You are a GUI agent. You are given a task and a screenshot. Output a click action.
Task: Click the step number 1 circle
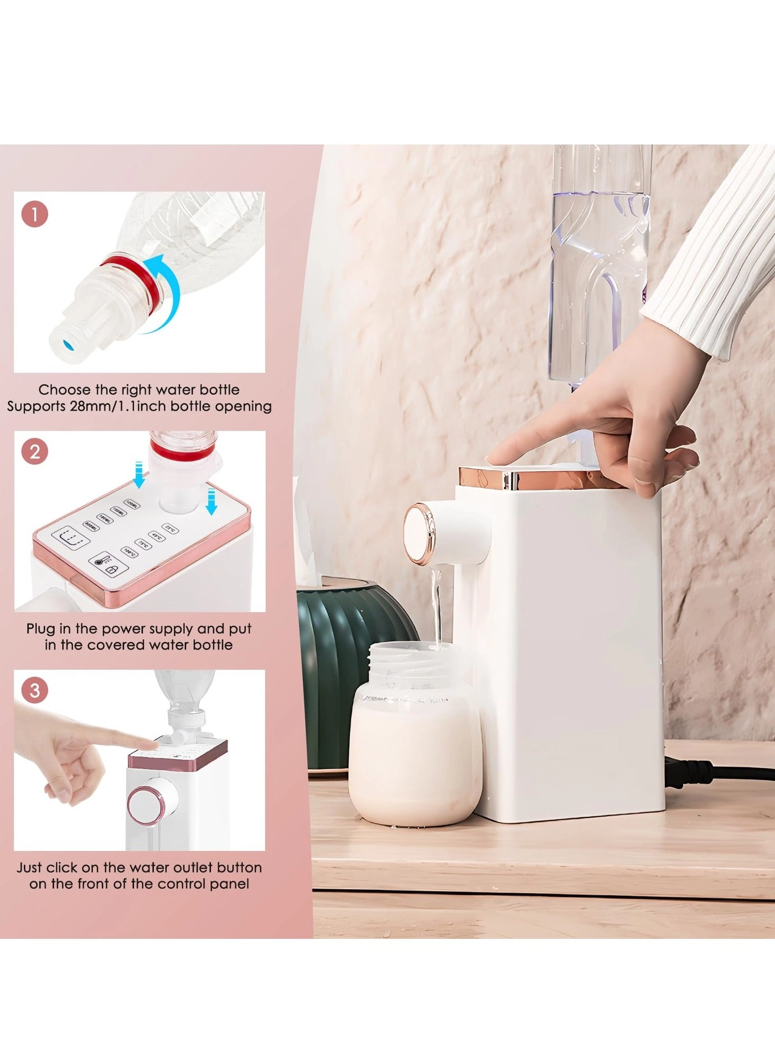click(35, 214)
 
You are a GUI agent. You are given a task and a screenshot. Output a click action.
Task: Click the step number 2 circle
click(35, 452)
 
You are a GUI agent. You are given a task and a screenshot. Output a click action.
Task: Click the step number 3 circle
click(35, 690)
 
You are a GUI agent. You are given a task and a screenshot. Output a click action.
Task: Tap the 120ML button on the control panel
click(132, 504)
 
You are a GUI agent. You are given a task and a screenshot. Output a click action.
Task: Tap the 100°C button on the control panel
click(130, 552)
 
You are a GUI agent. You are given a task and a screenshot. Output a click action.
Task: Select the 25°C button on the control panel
click(170, 529)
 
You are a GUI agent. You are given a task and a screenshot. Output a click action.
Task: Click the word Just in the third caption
click(29, 868)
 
